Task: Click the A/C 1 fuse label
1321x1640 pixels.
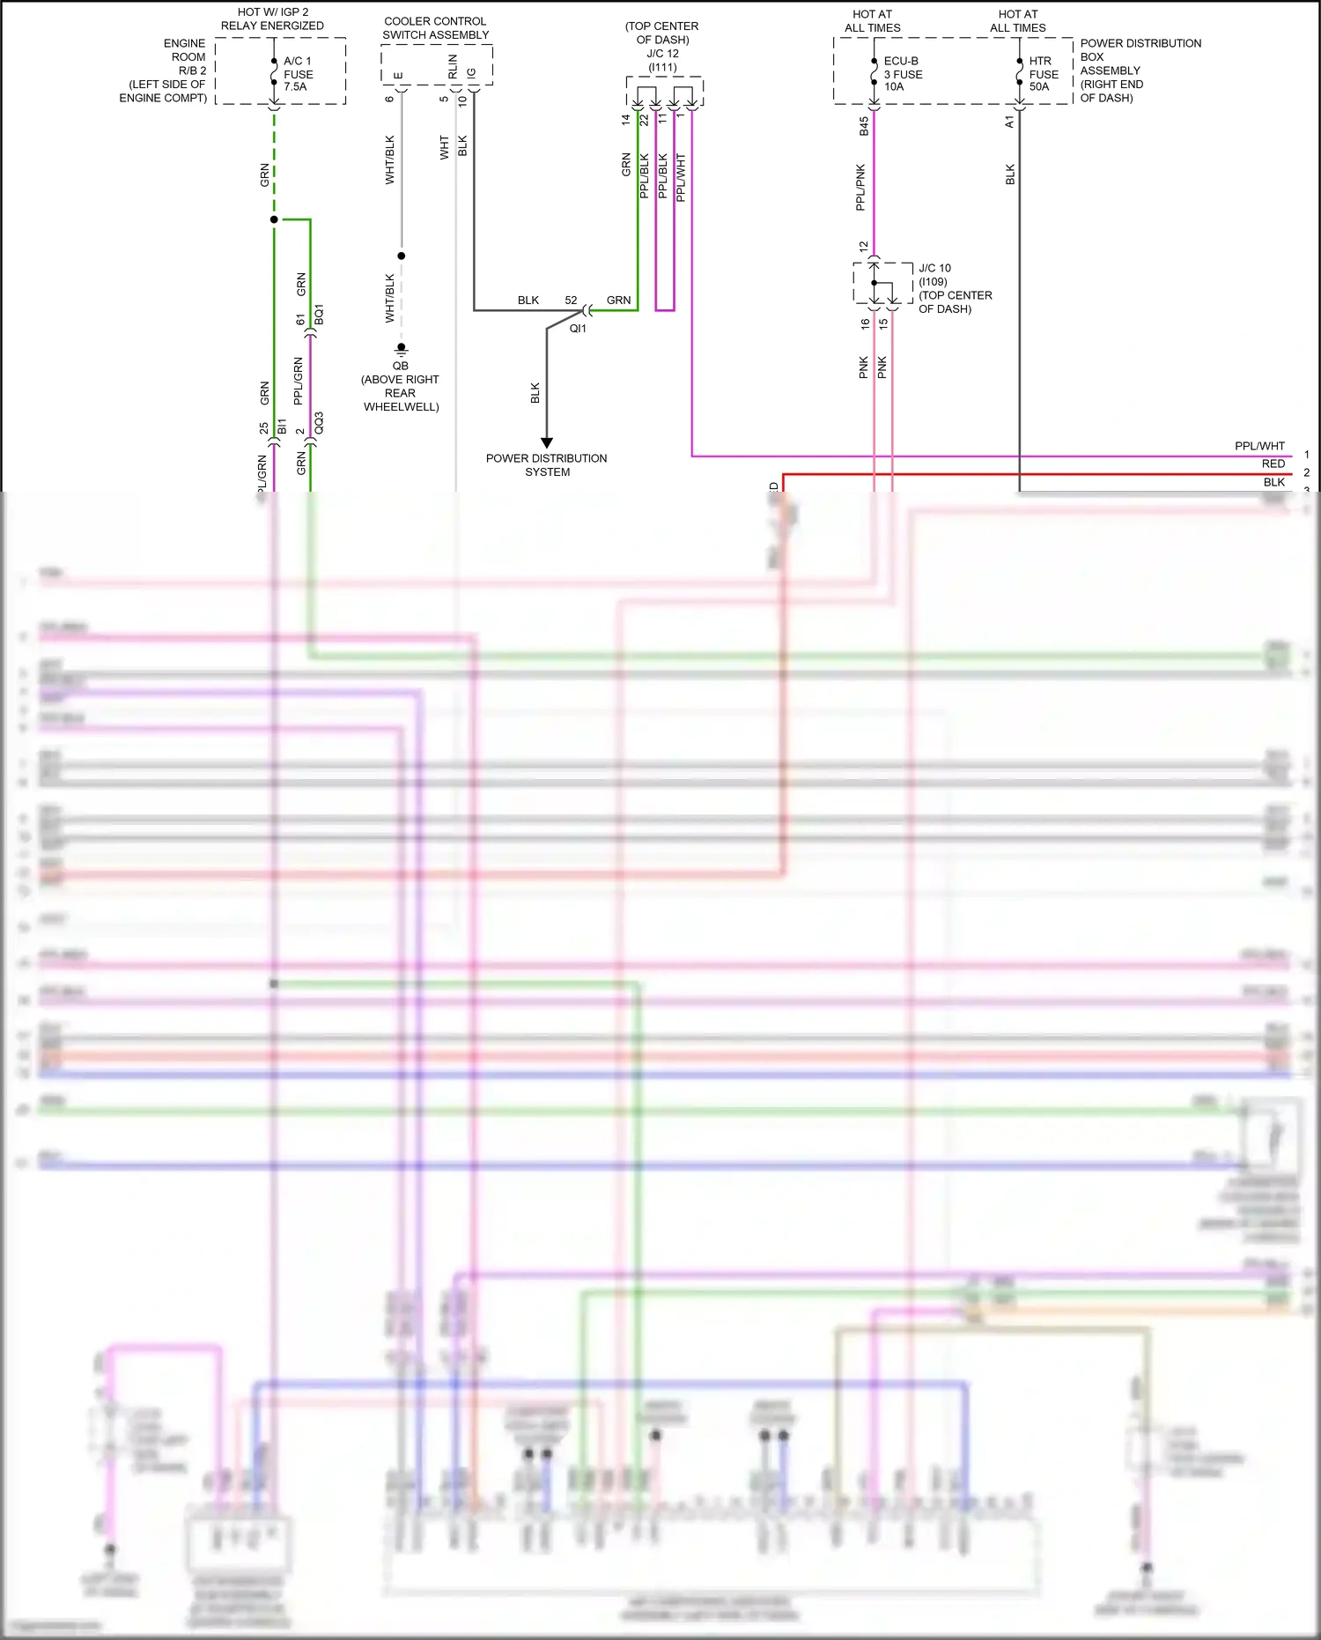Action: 298,74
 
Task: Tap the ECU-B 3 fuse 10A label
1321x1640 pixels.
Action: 903,74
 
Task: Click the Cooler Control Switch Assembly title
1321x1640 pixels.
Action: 435,28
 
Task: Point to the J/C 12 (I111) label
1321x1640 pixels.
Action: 662,60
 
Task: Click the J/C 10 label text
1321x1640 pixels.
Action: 934,268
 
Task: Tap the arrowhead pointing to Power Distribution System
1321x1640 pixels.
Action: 547,442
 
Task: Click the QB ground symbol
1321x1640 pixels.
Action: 401,349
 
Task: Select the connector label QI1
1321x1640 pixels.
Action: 578,329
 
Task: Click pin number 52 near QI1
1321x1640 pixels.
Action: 571,301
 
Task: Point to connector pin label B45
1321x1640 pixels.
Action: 864,126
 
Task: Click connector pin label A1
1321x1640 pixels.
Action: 1009,122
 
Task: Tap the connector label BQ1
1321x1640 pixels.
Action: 319,315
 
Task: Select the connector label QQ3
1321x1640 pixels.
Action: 319,423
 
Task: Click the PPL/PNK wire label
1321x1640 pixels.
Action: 860,187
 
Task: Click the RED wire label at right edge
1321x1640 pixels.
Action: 1273,464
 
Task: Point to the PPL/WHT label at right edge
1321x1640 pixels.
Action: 1259,446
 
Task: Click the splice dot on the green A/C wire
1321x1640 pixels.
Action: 274,219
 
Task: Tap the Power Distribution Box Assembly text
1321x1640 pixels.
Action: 1140,70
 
